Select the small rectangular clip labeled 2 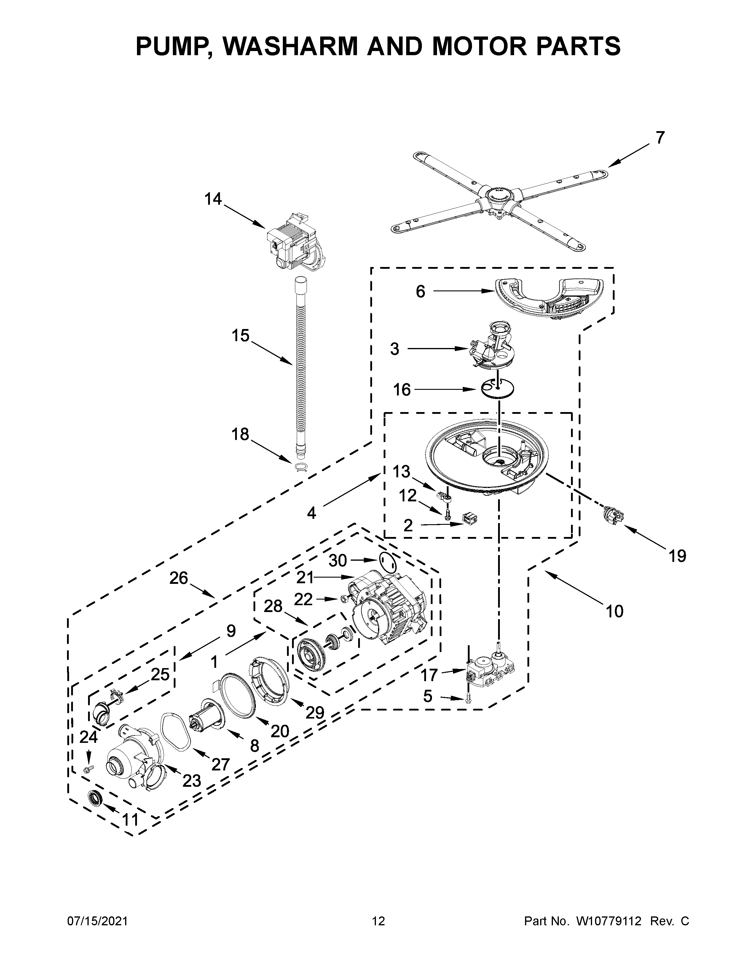(469, 519)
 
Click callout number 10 (615, 611)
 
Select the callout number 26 (178, 578)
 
